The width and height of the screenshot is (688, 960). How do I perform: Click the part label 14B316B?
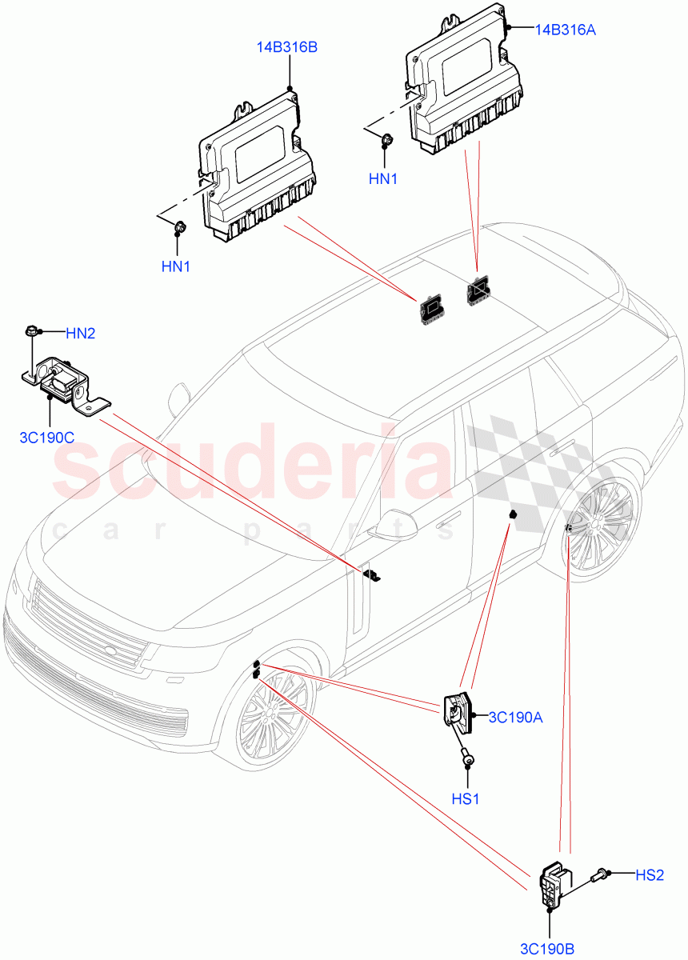tap(286, 47)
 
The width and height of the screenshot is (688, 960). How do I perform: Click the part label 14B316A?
tap(566, 30)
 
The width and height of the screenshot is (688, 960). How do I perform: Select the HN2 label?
tap(80, 333)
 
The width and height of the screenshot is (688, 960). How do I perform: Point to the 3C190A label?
tap(515, 718)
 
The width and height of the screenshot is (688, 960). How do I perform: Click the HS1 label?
tap(466, 798)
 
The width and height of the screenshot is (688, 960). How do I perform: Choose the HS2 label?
tap(650, 875)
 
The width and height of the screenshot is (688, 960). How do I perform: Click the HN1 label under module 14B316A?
tap(382, 179)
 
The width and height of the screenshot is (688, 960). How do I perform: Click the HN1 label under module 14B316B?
tap(175, 267)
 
